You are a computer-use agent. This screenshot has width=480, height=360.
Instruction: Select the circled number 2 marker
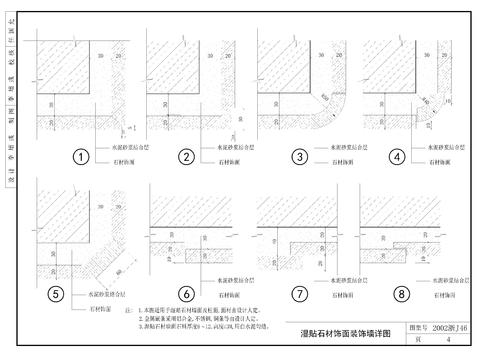(x=186, y=156)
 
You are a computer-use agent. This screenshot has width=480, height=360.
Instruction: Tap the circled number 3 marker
(x=298, y=156)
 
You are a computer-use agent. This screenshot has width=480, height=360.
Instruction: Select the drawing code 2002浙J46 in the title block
(x=445, y=326)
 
